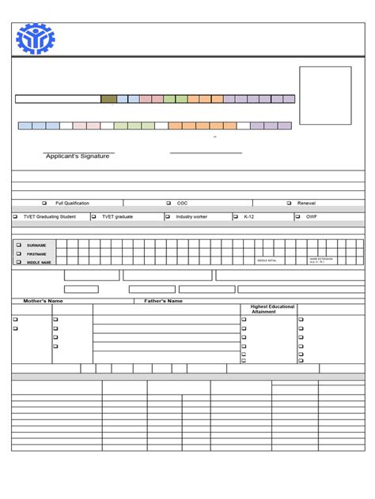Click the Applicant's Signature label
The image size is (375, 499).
click(x=78, y=156)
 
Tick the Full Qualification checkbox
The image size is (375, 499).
click(x=44, y=203)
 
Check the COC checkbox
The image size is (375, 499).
click(x=169, y=203)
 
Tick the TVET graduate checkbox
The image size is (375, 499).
click(x=93, y=216)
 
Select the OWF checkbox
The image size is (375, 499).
click(x=297, y=216)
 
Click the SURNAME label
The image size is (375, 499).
click(x=36, y=246)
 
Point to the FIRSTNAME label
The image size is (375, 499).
click(x=37, y=253)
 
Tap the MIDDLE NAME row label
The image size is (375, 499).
click(x=39, y=262)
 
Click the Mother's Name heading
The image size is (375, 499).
click(x=44, y=301)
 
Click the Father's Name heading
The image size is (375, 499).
click(x=163, y=301)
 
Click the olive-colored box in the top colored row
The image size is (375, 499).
click(x=108, y=99)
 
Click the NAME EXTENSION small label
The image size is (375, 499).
click(x=320, y=259)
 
